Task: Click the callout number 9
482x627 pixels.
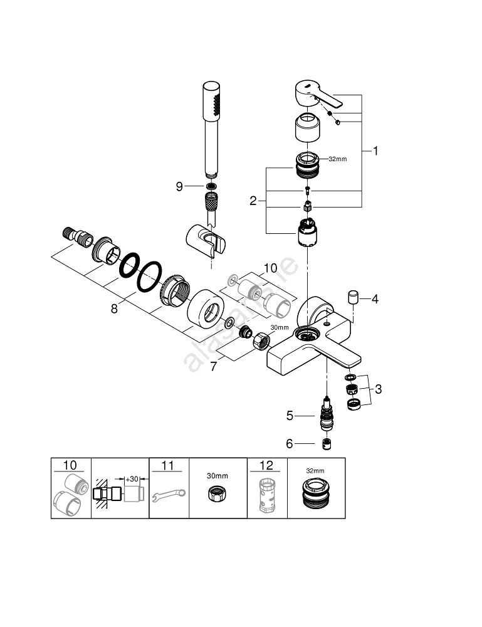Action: pos(179,186)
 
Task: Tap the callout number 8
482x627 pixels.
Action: pos(114,308)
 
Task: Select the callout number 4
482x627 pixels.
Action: pos(375,299)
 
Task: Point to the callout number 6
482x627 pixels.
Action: pos(290,443)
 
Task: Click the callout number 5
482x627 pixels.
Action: pos(290,415)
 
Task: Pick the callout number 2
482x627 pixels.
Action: pos(253,201)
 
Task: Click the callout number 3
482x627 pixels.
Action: pos(377,389)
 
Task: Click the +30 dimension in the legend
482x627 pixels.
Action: pos(132,479)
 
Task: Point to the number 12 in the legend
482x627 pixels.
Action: pos(267,465)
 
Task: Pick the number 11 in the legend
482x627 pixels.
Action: pos(169,465)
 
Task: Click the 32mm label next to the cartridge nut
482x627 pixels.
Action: pos(337,159)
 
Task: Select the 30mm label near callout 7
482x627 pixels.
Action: pos(279,327)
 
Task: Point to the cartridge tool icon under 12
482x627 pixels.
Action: pos(267,497)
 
